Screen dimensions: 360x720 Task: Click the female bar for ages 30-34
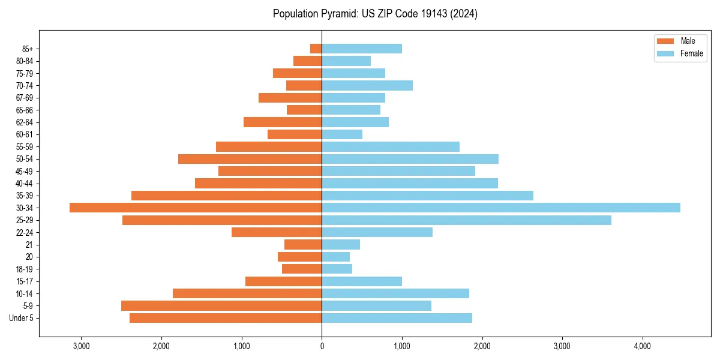[x=501, y=208]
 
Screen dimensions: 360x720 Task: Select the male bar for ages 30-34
[x=196, y=208]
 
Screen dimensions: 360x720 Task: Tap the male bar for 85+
[x=316, y=49]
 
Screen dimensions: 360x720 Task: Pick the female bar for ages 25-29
[x=466, y=220]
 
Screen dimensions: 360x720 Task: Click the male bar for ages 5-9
[x=221, y=306]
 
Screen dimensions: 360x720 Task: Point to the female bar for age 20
[x=336, y=257]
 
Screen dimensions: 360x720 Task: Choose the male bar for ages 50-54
[x=250, y=159]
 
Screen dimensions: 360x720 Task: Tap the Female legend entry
[x=680, y=53]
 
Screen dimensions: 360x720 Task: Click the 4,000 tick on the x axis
[x=642, y=346]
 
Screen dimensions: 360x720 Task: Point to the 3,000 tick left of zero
[x=81, y=346]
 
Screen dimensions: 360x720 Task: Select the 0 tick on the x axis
[x=322, y=346]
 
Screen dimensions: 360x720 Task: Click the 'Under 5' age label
[x=21, y=318]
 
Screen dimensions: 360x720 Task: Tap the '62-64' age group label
[x=25, y=122]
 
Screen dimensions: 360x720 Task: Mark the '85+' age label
[x=28, y=49]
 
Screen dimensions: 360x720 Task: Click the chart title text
[x=375, y=14]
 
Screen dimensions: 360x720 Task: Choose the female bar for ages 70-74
[x=367, y=86]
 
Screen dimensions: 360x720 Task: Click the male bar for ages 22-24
[x=277, y=232]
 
